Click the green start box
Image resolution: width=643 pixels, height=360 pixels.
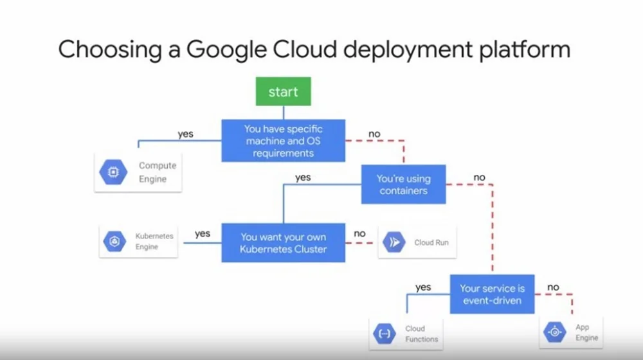click(x=284, y=91)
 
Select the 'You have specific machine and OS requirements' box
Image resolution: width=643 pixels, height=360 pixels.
click(x=284, y=141)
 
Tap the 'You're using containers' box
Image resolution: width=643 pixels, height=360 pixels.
click(x=404, y=184)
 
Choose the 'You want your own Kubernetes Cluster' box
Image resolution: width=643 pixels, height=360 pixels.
click(x=284, y=242)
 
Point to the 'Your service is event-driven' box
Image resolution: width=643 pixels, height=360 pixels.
click(x=493, y=294)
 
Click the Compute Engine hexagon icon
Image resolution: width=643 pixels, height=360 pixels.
click(x=114, y=172)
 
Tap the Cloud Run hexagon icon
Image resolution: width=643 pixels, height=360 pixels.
click(x=394, y=242)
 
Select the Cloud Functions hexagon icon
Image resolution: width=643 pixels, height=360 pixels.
click(x=384, y=333)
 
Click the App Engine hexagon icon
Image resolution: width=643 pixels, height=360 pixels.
click(x=555, y=332)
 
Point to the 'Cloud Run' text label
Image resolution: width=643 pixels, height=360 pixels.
click(x=431, y=242)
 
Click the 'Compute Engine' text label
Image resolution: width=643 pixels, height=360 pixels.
click(x=157, y=172)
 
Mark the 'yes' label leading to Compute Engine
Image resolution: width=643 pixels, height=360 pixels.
click(x=186, y=134)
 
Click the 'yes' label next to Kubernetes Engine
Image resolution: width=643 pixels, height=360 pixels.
click(x=202, y=234)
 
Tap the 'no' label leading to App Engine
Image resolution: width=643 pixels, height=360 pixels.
click(x=553, y=287)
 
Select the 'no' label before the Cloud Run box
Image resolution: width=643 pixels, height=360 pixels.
click(x=359, y=234)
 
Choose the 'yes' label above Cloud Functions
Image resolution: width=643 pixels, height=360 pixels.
click(x=423, y=287)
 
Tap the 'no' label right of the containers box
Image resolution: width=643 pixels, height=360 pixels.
click(x=479, y=177)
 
